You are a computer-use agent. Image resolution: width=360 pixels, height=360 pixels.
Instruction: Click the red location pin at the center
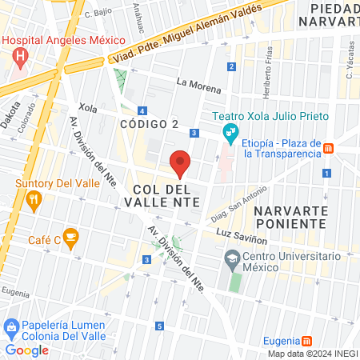tap(180, 162)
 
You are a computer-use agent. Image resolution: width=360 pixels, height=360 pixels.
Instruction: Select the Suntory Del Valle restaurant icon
tap(33, 201)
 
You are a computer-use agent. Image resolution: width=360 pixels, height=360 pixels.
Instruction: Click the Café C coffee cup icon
tap(70, 236)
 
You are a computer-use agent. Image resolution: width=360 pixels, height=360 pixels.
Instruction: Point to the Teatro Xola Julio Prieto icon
tap(230, 130)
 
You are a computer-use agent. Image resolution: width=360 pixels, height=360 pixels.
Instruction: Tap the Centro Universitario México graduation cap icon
tap(233, 258)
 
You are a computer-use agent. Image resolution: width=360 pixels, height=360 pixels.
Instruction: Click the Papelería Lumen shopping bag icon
tap(11, 326)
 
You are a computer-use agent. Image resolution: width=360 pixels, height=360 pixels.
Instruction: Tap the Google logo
tap(27, 350)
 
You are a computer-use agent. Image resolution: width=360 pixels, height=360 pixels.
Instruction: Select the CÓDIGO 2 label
tap(149, 124)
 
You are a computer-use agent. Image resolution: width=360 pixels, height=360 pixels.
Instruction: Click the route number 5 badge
tap(159, 326)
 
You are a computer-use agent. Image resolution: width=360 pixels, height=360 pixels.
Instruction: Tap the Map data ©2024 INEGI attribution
tap(311, 354)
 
